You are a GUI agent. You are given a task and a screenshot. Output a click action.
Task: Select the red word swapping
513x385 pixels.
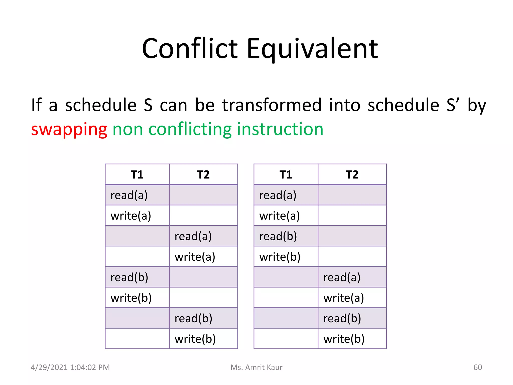point(69,130)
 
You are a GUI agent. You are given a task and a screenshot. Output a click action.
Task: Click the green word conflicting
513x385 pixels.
point(190,130)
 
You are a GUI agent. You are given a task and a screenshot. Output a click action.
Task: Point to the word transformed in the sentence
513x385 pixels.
point(272,105)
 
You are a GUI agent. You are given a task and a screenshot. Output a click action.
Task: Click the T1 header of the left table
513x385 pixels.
point(137,174)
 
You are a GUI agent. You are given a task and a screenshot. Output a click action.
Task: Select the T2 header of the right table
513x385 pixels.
point(352,174)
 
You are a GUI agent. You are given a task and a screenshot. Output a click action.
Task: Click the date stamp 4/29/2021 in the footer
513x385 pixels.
point(49,367)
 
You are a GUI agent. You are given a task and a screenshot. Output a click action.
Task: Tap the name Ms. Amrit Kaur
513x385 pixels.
point(256,367)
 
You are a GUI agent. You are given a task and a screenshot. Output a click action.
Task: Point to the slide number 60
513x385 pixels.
point(477,367)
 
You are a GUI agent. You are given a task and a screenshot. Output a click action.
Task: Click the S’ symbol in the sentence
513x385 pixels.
point(453,105)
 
